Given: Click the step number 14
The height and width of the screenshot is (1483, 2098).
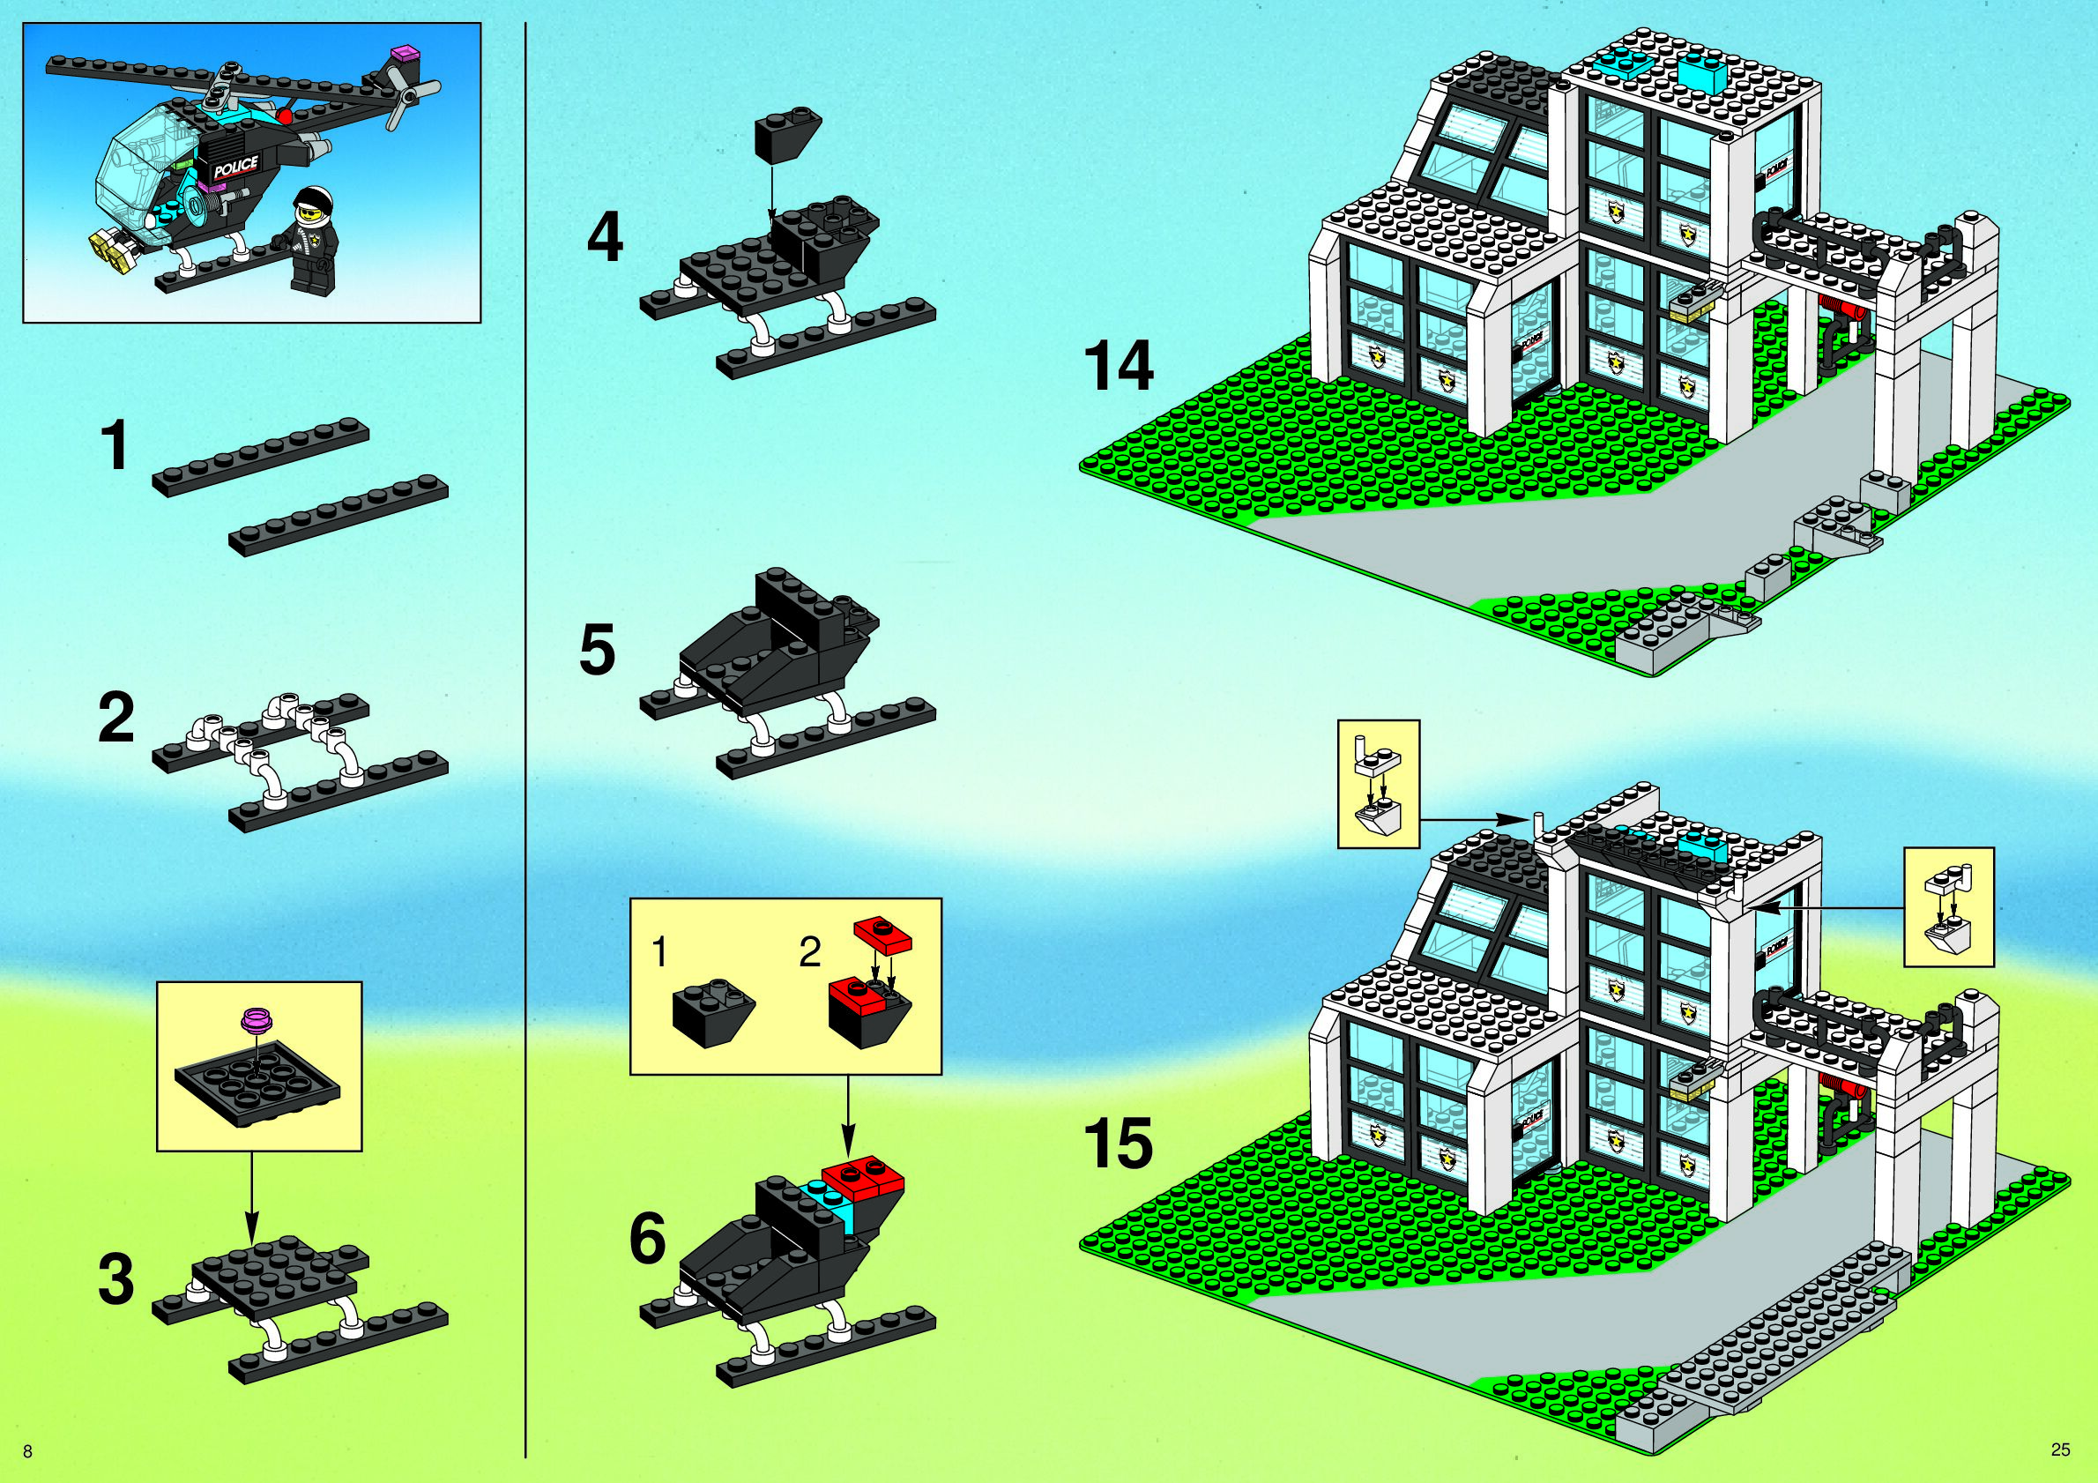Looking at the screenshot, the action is click(1118, 366).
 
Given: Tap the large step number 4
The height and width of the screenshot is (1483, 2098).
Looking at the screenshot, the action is click(605, 237).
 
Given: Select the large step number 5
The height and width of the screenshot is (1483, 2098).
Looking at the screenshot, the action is click(598, 651).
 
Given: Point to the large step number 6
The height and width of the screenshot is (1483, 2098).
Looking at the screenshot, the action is click(648, 1239).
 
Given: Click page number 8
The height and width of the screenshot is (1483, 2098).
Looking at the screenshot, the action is click(27, 1452).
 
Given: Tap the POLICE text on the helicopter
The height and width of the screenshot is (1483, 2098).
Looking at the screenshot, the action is click(235, 168).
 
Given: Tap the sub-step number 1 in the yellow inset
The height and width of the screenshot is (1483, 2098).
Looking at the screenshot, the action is click(659, 953).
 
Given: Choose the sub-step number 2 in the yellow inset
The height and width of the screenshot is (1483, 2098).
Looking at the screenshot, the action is click(808, 953).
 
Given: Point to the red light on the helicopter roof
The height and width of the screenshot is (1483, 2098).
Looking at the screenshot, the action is click(285, 117).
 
